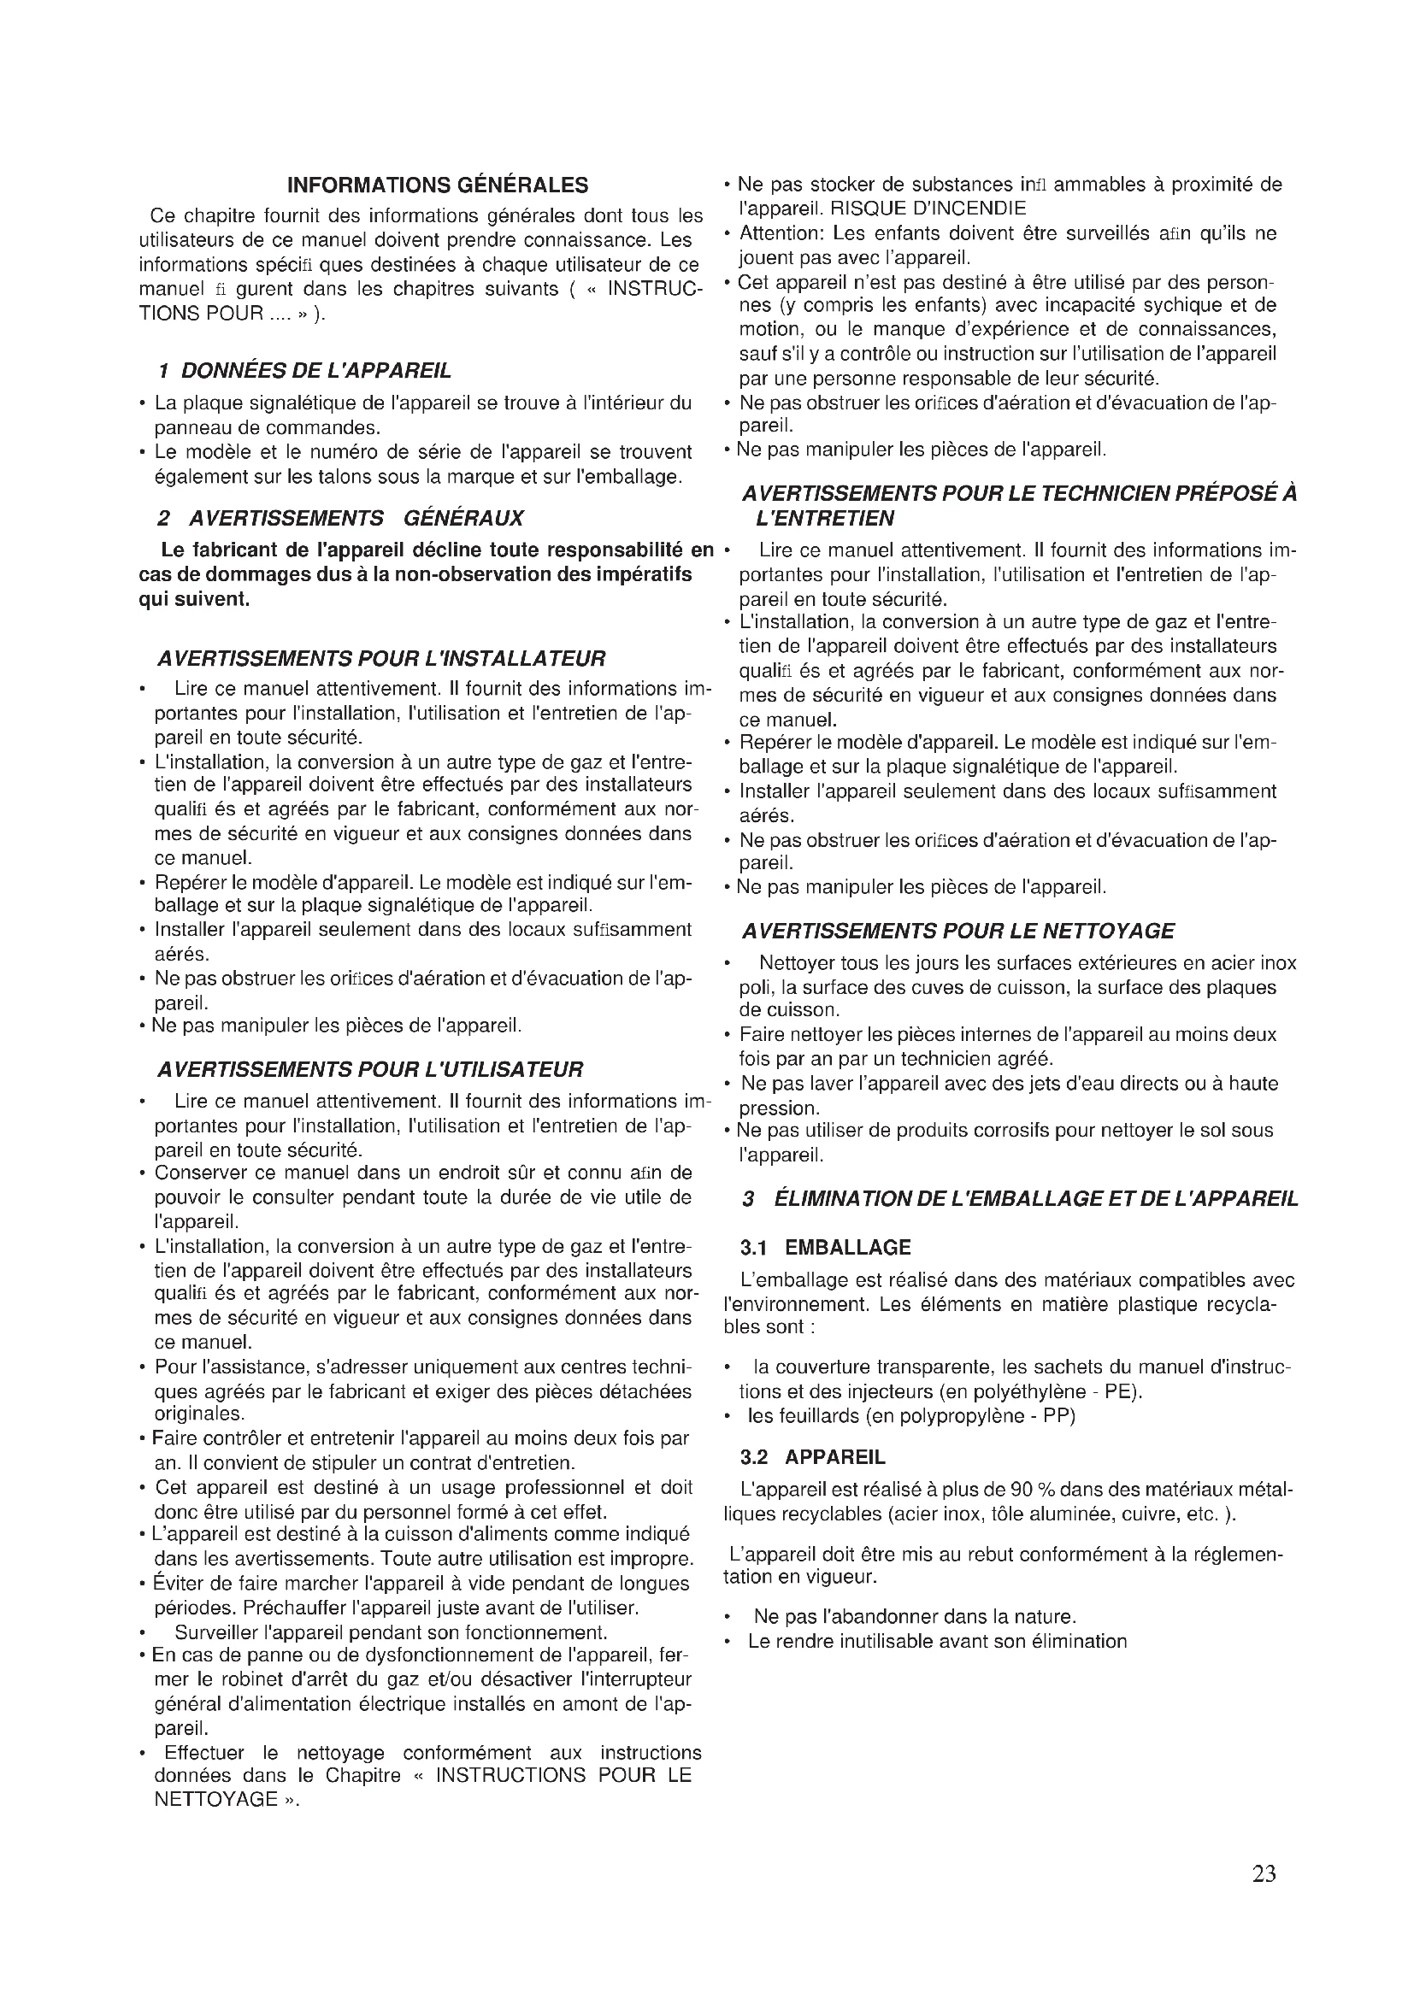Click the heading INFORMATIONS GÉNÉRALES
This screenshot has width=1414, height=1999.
pos(437,185)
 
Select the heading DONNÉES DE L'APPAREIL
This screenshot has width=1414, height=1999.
pos(315,371)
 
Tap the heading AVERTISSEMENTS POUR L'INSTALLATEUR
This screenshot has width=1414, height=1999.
pos(380,658)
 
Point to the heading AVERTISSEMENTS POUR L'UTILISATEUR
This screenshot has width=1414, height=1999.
pos(369,1069)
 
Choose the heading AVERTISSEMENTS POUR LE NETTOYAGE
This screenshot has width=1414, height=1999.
pos(957,932)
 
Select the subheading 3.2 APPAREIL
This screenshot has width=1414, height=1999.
pos(812,1457)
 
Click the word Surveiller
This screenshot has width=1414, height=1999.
pos(216,1632)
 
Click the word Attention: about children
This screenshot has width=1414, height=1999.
pos(782,233)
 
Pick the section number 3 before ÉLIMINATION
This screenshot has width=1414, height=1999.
pos(748,1199)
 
